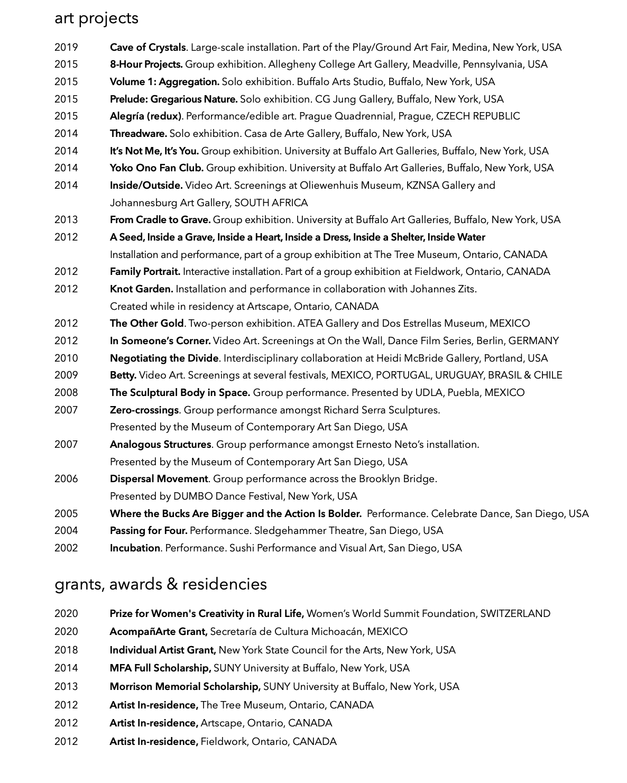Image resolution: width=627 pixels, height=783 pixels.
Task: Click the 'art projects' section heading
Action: click(96, 19)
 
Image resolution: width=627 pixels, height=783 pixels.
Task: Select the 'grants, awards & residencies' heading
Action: click(161, 584)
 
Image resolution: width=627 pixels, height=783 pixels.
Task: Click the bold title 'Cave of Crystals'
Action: click(147, 48)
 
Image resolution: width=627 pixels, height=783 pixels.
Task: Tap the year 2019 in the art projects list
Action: click(66, 48)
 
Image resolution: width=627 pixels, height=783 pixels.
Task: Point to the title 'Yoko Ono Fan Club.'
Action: click(156, 168)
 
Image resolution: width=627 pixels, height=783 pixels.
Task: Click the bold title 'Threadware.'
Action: click(139, 134)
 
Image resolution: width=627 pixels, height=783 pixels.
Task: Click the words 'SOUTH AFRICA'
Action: click(271, 203)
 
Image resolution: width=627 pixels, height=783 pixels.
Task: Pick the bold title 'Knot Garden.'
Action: click(141, 289)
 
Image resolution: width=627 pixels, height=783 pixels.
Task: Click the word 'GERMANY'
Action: click(533, 341)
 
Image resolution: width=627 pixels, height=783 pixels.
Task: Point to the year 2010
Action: click(66, 358)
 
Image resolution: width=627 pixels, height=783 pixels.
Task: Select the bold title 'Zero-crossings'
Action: click(144, 410)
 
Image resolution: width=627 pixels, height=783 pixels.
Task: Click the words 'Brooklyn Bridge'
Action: click(397, 479)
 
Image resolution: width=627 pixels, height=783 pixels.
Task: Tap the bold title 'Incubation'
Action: click(135, 548)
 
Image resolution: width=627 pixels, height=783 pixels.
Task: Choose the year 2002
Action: click(66, 548)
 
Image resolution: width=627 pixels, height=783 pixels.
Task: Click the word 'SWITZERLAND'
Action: click(515, 614)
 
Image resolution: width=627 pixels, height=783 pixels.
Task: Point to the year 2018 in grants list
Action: click(66, 650)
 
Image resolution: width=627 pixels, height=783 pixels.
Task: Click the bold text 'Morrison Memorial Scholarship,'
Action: click(185, 687)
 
